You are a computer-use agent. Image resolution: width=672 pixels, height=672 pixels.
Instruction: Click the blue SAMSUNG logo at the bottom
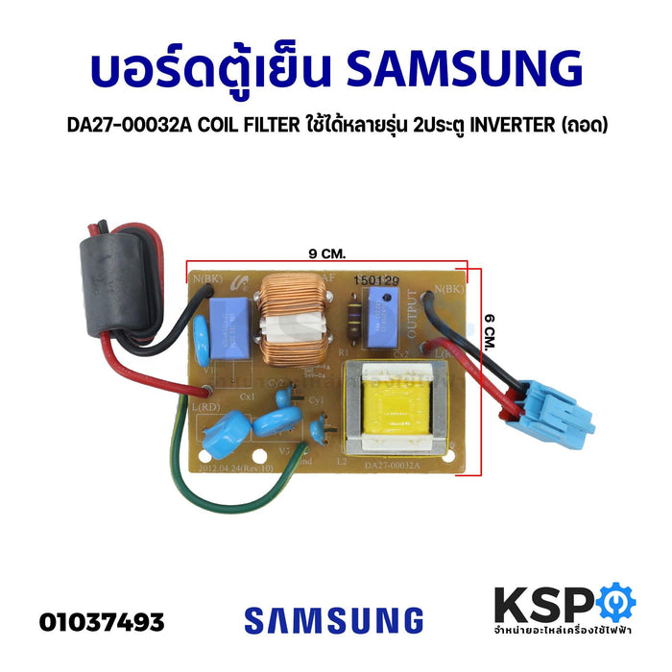(333, 619)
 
